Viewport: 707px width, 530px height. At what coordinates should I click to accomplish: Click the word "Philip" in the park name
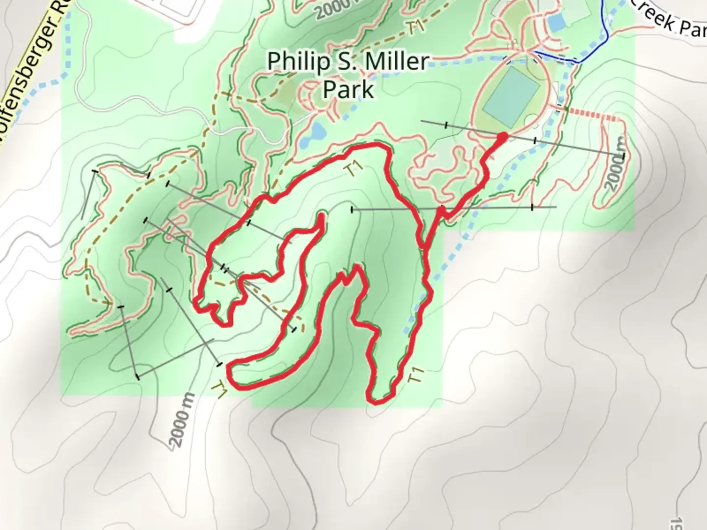(291, 62)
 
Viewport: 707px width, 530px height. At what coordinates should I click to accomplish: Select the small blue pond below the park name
(317, 132)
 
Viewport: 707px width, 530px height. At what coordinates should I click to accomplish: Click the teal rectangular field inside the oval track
(511, 96)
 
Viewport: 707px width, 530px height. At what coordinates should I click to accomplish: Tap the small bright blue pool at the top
(556, 22)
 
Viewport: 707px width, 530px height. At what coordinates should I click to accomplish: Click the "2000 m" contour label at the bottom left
(182, 421)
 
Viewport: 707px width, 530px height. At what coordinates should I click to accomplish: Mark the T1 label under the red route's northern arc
(354, 169)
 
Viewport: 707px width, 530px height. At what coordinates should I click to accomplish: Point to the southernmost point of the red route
(376, 402)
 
